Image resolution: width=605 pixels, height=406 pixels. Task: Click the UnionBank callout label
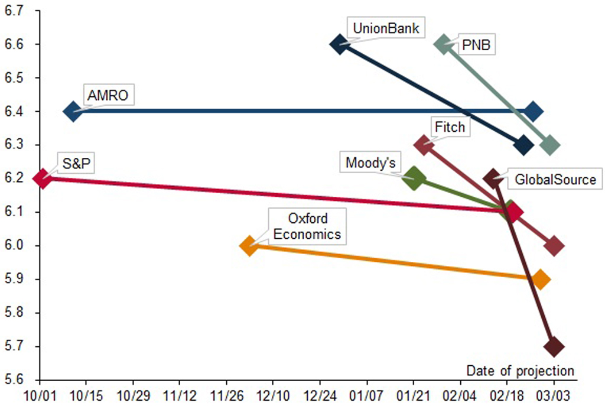pyautogui.click(x=386, y=27)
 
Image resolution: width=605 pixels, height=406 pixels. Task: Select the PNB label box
pyautogui.click(x=476, y=45)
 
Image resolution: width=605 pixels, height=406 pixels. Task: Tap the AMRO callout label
pyautogui.click(x=108, y=95)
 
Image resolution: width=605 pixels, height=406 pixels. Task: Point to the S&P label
pyautogui.click(x=76, y=163)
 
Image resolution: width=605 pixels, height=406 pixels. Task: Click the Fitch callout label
pyautogui.click(x=450, y=126)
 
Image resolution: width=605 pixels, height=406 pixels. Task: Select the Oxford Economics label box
pyautogui.click(x=307, y=226)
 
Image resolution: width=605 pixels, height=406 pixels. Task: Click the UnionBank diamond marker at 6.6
pyautogui.click(x=339, y=44)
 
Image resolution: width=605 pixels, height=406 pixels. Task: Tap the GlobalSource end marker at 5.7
pyautogui.click(x=554, y=346)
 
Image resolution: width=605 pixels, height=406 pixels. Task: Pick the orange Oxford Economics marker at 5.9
pyautogui.click(x=540, y=280)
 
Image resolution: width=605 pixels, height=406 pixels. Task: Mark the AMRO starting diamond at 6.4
pyautogui.click(x=73, y=112)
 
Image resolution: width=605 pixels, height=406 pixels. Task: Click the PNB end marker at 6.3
pyautogui.click(x=550, y=145)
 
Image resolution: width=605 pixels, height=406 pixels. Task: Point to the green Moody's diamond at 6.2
pyautogui.click(x=414, y=178)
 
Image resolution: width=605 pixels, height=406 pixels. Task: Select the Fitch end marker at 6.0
pyautogui.click(x=554, y=246)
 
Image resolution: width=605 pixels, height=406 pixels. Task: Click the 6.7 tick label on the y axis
pyautogui.click(x=14, y=11)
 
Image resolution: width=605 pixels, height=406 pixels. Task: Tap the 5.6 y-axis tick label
pyautogui.click(x=14, y=379)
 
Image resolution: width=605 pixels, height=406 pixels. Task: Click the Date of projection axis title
pyautogui.click(x=520, y=371)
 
